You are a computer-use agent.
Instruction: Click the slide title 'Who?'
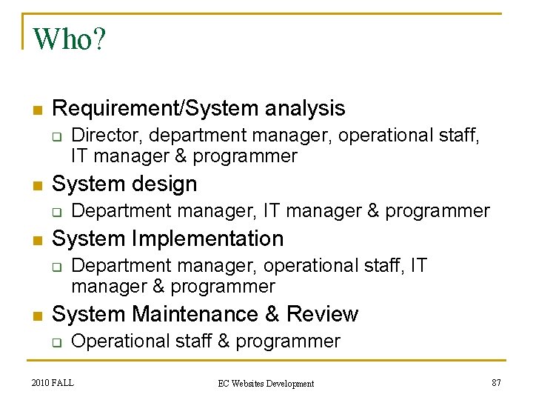(70, 39)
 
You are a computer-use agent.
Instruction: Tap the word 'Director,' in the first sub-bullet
(104, 136)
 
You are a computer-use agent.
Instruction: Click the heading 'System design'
(124, 184)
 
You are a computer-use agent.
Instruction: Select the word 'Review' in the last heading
(322, 314)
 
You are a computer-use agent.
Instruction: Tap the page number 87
(497, 382)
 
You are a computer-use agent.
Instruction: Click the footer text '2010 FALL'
(53, 382)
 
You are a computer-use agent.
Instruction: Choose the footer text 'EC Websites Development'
(266, 383)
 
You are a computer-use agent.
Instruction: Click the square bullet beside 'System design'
(36, 185)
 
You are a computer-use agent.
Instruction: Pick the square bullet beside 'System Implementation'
(36, 240)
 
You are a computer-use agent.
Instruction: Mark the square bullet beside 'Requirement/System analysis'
(36, 110)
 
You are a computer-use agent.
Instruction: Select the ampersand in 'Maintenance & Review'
(268, 314)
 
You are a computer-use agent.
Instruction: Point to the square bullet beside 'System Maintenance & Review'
(36, 316)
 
